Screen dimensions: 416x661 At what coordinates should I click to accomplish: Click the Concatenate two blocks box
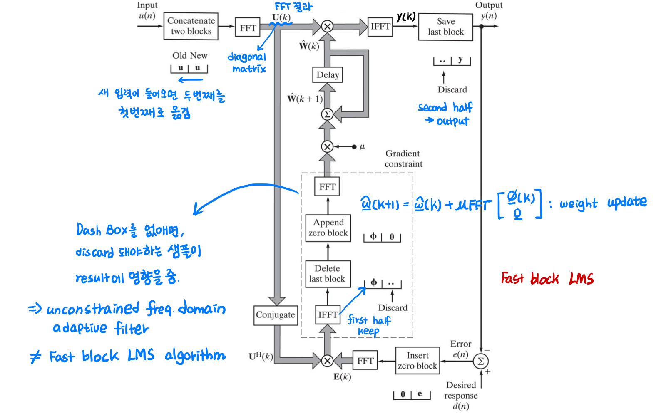191,26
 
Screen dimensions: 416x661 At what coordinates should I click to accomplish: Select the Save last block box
445,27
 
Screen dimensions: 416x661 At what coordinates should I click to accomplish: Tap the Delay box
328,75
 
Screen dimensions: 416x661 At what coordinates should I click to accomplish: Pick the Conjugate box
275,315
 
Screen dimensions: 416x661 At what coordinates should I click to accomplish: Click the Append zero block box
328,228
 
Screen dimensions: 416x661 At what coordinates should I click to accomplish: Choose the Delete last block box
327,274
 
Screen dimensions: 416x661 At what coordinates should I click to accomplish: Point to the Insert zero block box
417,361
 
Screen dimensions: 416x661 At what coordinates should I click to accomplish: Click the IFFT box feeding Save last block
380,27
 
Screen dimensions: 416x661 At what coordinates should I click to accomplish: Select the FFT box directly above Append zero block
327,187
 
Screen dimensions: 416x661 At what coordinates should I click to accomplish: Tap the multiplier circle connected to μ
327,146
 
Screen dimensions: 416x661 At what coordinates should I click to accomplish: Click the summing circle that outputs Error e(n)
481,361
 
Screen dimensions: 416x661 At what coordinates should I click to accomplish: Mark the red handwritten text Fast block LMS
547,278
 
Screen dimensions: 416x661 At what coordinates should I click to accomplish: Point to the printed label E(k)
342,377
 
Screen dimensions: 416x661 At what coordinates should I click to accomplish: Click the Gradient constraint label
403,159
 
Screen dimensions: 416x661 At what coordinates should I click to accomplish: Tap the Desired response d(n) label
461,396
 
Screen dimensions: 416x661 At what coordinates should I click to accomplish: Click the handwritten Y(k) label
406,17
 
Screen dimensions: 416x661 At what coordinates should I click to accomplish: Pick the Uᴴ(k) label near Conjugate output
261,356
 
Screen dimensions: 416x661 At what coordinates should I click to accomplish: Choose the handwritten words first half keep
369,325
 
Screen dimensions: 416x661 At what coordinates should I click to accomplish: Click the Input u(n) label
147,11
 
